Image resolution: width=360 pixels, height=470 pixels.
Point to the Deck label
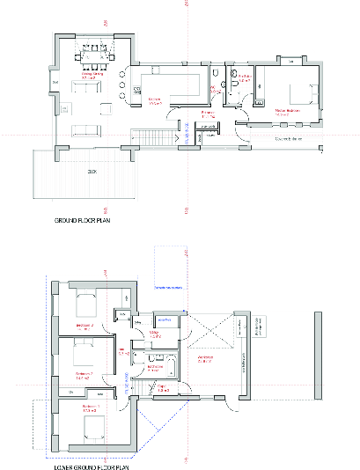92,172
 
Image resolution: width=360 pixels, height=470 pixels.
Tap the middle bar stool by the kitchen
136,89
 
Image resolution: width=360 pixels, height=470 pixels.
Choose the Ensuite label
244,77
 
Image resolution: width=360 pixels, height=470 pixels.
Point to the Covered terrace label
288,138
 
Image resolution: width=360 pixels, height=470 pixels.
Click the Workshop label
208,359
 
